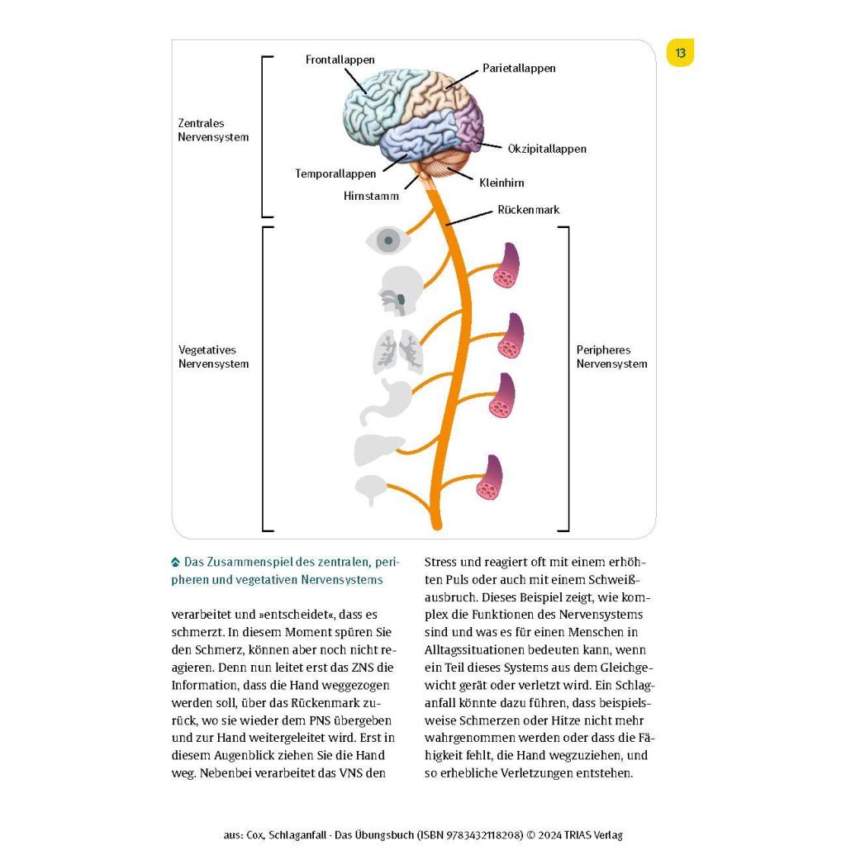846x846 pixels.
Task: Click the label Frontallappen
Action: tap(340, 59)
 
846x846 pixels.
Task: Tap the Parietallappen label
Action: tap(519, 69)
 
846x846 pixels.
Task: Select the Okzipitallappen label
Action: tap(547, 149)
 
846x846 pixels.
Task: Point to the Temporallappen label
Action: tap(335, 173)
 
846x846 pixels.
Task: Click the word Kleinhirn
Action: tap(501, 183)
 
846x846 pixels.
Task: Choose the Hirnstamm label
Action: tap(371, 196)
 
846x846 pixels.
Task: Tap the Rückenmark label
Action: tap(528, 210)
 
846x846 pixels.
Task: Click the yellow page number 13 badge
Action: tap(680, 53)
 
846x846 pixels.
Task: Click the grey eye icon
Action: tap(387, 240)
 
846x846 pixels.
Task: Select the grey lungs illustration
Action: tap(397, 351)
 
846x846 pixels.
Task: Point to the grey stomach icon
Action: tap(384, 402)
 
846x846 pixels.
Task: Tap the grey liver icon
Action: tap(378, 449)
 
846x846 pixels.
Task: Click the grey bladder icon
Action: tap(371, 488)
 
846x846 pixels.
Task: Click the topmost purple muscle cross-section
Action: tap(506, 265)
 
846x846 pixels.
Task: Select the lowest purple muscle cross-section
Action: tap(489, 477)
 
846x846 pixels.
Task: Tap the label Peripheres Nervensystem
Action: tap(611, 357)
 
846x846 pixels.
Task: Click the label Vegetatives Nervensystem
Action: tap(214, 357)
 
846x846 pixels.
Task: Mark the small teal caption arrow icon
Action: tap(175, 562)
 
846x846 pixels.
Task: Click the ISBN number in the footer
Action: tap(469, 835)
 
